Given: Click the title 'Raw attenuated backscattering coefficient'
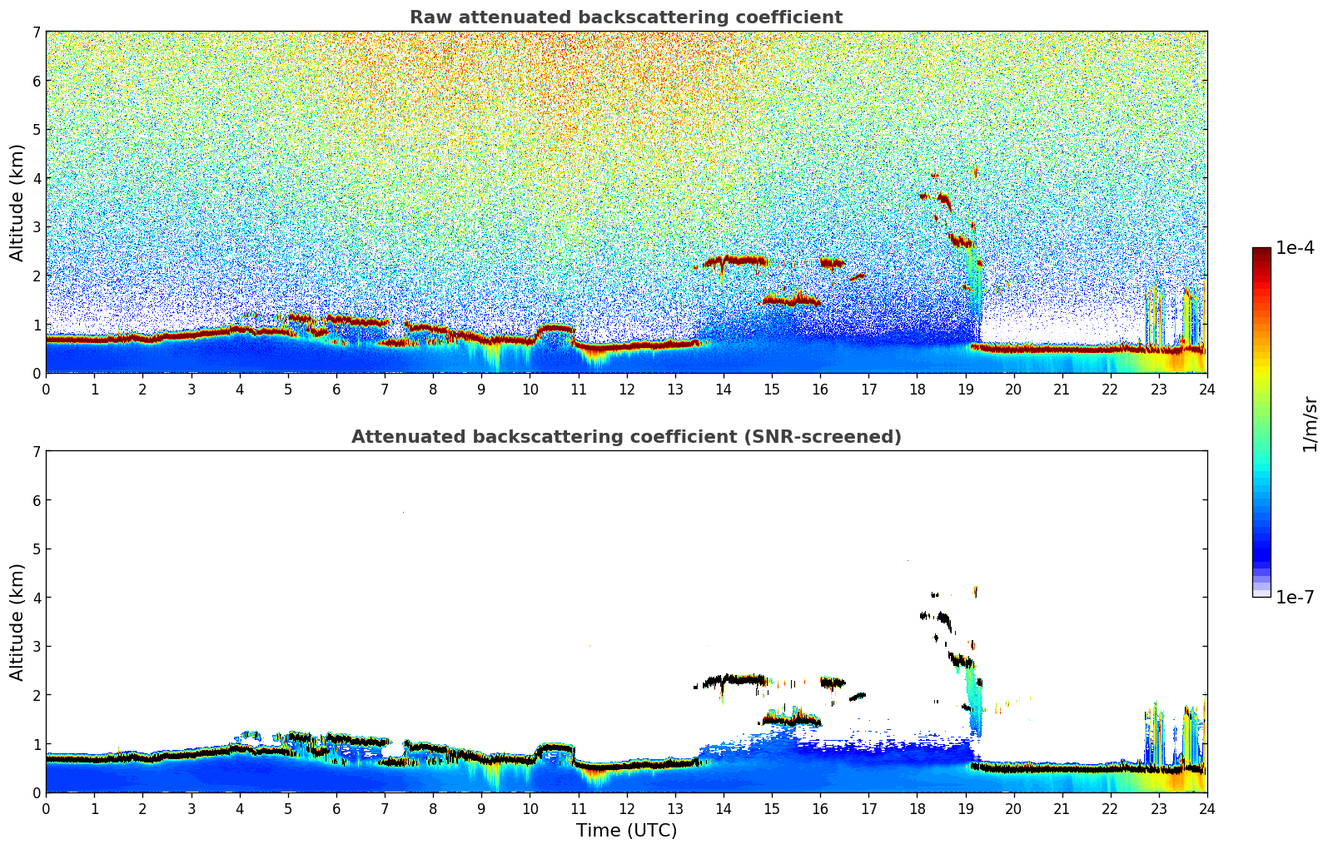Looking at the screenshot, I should click(625, 17).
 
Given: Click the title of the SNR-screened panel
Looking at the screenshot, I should click(625, 437).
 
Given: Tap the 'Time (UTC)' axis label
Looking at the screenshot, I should click(626, 831).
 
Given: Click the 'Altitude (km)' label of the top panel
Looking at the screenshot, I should click(17, 202).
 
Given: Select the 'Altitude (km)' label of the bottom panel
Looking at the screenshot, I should click(17, 622).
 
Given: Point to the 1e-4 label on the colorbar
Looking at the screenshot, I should click(1295, 248).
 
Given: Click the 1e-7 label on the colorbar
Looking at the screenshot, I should click(1295, 597).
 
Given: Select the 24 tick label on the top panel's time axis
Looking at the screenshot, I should click(1206, 390).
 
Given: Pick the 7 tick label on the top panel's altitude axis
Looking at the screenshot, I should click(36, 32).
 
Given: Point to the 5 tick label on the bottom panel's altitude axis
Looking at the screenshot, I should click(36, 549).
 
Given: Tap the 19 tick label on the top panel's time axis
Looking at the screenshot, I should click(965, 390).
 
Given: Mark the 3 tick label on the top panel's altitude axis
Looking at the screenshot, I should click(36, 227).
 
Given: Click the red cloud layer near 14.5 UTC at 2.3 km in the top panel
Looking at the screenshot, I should click(737, 261).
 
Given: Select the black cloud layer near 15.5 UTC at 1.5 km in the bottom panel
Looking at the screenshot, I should click(791, 719).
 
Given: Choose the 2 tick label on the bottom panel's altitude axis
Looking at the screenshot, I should click(36, 695).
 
